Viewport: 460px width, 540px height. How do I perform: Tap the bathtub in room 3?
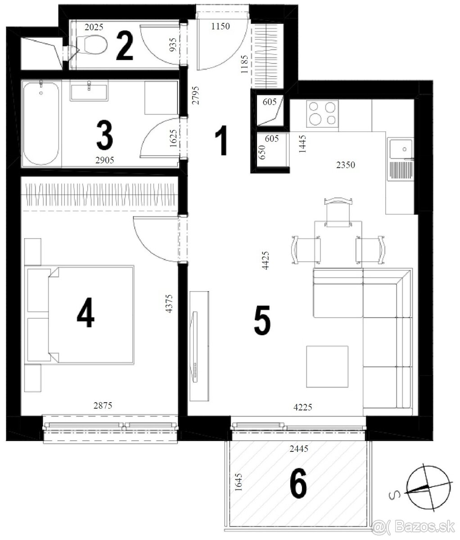(41, 123)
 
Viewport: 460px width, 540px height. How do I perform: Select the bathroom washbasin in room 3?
(89, 90)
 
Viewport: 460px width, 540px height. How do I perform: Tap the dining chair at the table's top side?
(338, 212)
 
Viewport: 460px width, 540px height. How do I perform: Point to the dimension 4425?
(266, 260)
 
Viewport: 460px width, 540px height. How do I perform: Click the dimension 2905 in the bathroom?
(104, 160)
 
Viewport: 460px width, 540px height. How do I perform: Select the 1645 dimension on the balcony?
(239, 482)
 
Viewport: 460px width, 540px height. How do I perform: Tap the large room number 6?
(298, 483)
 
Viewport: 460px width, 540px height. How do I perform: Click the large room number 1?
(221, 140)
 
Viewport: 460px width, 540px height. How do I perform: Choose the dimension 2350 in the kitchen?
(346, 165)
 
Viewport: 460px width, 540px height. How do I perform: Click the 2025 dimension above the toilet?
(94, 27)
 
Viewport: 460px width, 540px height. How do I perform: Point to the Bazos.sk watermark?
(413, 526)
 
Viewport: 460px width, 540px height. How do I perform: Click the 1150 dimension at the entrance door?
(221, 26)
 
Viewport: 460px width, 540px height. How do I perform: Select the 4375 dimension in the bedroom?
(169, 304)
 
